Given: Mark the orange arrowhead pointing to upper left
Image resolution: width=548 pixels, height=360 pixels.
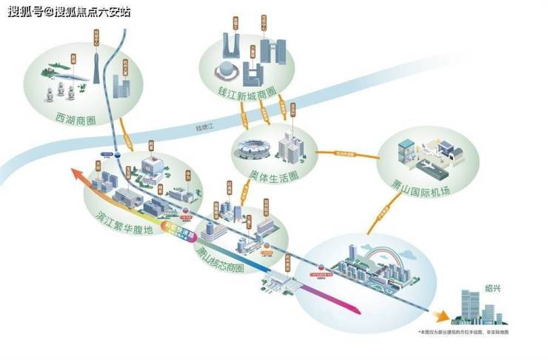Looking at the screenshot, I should pyautogui.click(x=75, y=174).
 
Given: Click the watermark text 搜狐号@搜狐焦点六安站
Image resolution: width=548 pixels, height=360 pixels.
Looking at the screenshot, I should pyautogui.click(x=70, y=12).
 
